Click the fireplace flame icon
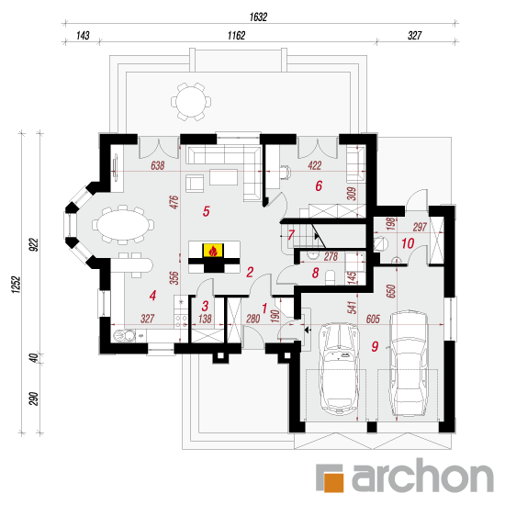[x=213, y=251]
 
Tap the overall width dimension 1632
[x=258, y=17]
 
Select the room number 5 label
[x=206, y=211]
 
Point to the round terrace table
[x=191, y=102]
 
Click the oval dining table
[x=123, y=224]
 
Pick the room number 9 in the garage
[x=375, y=346]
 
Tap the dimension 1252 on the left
[x=17, y=284]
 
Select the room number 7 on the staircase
[x=291, y=235]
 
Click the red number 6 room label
[x=319, y=185]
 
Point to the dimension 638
[x=158, y=165]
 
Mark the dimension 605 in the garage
[x=373, y=319]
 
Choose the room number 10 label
[x=408, y=243]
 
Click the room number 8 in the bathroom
[x=315, y=273]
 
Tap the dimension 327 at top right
[x=414, y=36]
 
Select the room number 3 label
[x=205, y=306]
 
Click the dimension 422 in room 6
[x=314, y=165]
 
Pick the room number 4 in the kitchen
[x=152, y=296]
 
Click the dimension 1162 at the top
[x=236, y=36]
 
